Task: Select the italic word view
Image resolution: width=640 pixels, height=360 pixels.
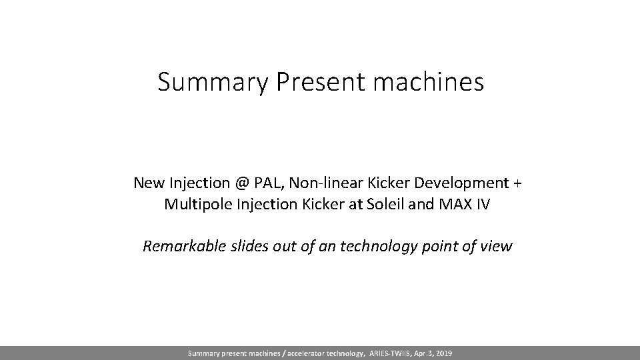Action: coord(497,247)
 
